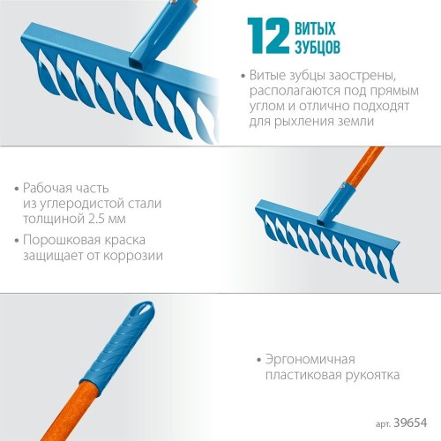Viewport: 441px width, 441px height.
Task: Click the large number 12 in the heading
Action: pos(268,36)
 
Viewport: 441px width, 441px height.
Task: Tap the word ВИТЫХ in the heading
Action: pos(315,28)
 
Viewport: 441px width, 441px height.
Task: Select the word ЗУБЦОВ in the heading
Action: pos(318,47)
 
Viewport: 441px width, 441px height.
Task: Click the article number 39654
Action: pos(410,422)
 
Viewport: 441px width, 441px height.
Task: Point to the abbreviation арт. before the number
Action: pos(383,424)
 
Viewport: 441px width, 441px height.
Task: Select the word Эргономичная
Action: pos(310,360)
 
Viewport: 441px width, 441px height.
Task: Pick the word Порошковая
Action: pos(60,240)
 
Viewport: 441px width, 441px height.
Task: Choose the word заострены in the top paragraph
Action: pos(363,76)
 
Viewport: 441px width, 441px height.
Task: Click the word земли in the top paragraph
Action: pos(355,121)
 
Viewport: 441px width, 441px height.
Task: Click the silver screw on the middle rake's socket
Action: pos(342,185)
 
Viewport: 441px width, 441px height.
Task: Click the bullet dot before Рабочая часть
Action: pos(17,189)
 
